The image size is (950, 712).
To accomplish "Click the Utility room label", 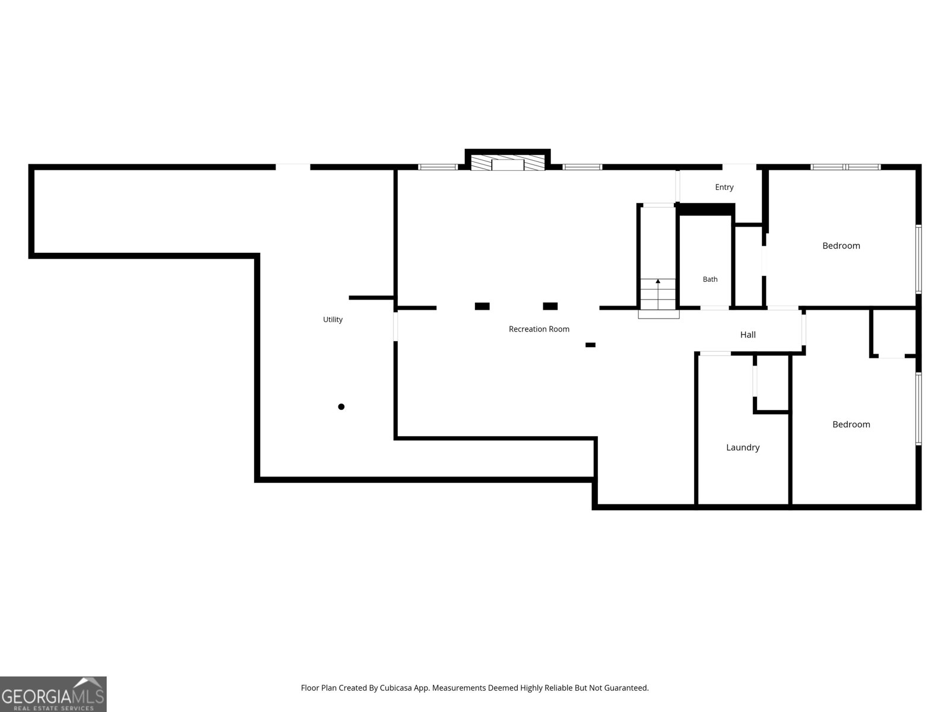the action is [x=332, y=319].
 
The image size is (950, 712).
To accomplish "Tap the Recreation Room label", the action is [x=539, y=329].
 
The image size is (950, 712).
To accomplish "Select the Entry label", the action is [x=724, y=187].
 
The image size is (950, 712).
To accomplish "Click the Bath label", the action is [x=710, y=279].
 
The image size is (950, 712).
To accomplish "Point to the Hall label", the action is [x=748, y=335].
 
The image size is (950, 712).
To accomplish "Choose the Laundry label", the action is [x=743, y=447].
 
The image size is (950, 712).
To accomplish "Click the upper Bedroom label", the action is [x=841, y=246].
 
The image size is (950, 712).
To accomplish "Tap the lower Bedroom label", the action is [x=851, y=424].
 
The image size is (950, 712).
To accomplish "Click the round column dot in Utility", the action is [x=341, y=406].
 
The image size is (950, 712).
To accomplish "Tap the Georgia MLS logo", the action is [x=53, y=694].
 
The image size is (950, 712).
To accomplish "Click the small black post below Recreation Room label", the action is [x=590, y=345].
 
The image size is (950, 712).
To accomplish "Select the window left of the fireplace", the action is [x=438, y=167].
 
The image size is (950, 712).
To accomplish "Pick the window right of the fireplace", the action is [x=582, y=167].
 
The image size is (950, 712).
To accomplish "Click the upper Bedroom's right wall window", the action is [x=919, y=259].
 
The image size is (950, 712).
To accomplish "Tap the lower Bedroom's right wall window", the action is [x=919, y=409].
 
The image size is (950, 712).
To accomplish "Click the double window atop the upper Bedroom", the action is [x=845, y=167].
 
